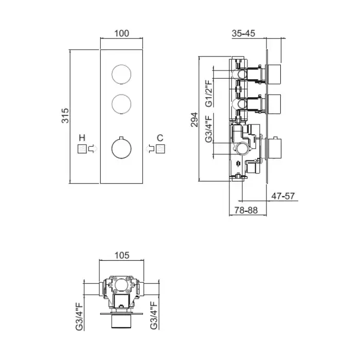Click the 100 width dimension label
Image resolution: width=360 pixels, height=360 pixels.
[122, 33]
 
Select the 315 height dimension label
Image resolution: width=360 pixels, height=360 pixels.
[65, 116]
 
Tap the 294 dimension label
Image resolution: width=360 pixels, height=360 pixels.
[194, 120]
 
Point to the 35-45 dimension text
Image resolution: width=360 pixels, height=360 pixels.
[243, 33]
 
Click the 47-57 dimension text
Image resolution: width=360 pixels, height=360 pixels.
[283, 196]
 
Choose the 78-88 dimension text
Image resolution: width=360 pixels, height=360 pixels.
[246, 210]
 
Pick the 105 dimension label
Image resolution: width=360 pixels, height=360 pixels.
[122, 255]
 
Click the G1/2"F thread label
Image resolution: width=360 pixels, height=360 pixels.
[209, 93]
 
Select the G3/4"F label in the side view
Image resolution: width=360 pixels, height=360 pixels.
[209, 129]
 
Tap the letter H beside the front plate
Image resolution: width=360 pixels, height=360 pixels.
[82, 138]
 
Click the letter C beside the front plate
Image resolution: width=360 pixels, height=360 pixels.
[160, 138]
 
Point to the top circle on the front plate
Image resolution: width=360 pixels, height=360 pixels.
[121, 75]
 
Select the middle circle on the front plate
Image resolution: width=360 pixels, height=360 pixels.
[121, 104]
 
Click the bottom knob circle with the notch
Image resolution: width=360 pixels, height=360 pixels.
[121, 148]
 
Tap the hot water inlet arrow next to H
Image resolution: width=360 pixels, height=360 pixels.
[93, 149]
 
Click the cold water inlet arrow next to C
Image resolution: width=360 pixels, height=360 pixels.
[150, 149]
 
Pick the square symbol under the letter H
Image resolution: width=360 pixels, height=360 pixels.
[82, 149]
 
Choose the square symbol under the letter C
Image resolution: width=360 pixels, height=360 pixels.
[160, 149]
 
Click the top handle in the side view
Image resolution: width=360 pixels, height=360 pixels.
[273, 75]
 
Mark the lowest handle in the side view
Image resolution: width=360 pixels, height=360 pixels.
[273, 148]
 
